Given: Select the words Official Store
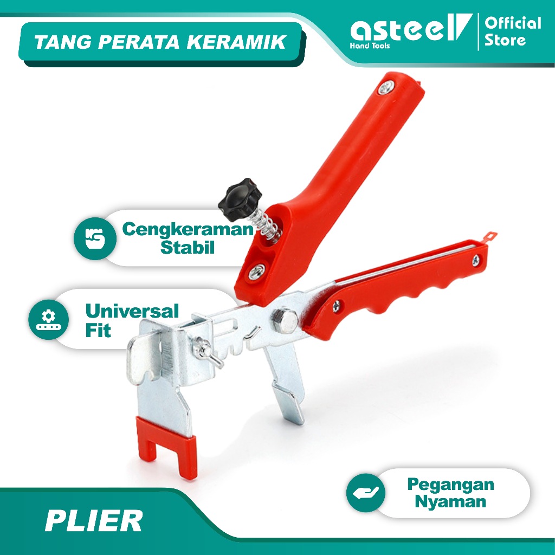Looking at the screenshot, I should click(x=512, y=31).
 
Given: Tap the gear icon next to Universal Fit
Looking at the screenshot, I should click(x=49, y=319).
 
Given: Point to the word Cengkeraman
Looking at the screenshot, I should click(x=188, y=229).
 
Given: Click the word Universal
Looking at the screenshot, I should click(x=132, y=312).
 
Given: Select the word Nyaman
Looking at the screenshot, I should click(x=450, y=501).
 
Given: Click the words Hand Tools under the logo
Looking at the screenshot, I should click(x=370, y=46).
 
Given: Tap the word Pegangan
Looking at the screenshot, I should click(x=450, y=484).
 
